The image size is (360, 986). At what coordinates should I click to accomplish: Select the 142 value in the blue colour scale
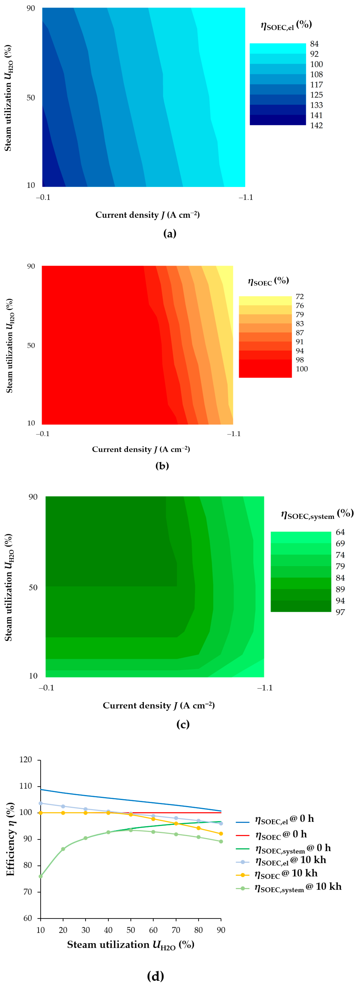316,125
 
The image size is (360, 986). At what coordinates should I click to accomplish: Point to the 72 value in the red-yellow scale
299,297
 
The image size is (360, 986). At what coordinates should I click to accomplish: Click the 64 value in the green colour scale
340,532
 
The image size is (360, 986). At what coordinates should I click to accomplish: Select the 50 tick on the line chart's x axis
131,930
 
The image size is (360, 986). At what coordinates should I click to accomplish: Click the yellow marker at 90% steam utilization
221,834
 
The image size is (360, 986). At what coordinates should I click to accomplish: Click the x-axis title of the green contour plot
158,705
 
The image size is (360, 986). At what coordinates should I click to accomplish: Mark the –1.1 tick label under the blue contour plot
246,198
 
